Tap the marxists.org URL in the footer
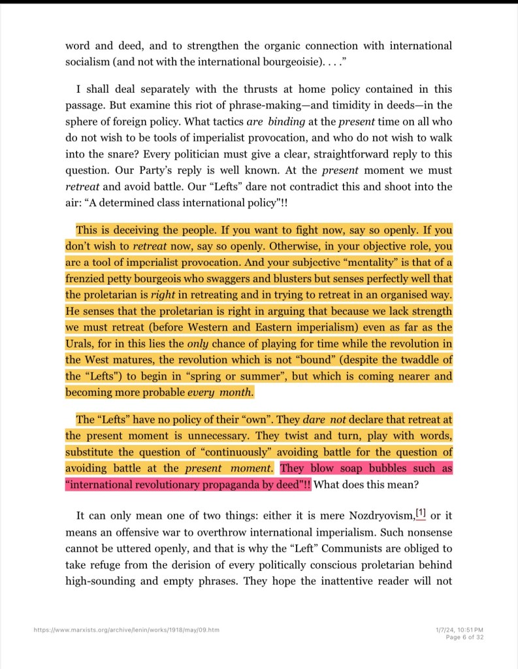coord(127,630)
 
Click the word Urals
coord(79,343)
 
